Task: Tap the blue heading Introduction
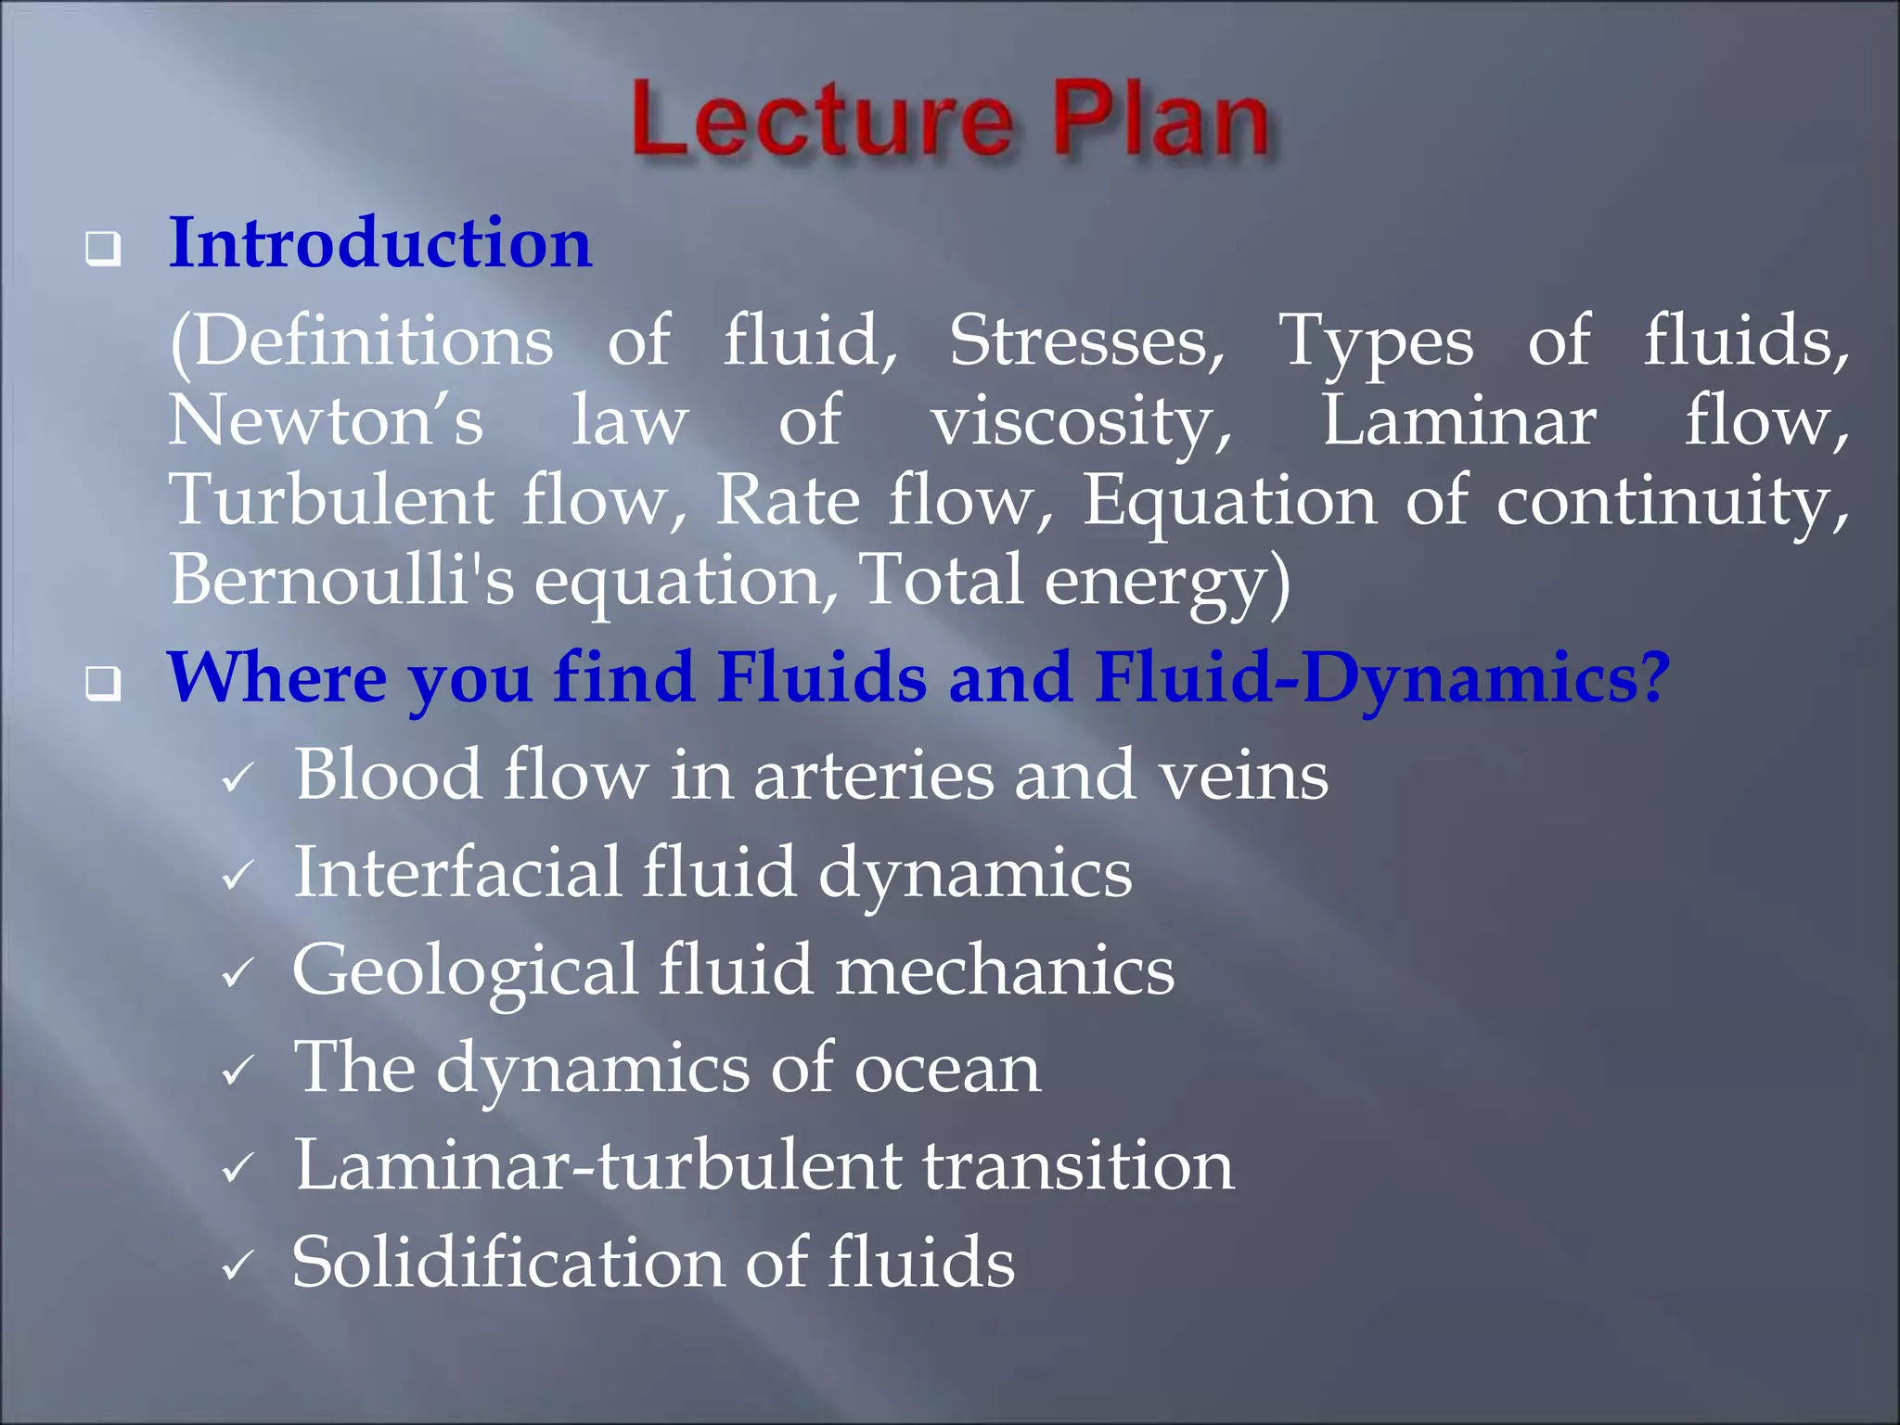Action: click(379, 243)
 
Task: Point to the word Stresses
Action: click(1086, 341)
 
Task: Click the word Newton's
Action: click(326, 421)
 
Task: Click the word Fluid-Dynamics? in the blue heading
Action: click(1382, 678)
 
